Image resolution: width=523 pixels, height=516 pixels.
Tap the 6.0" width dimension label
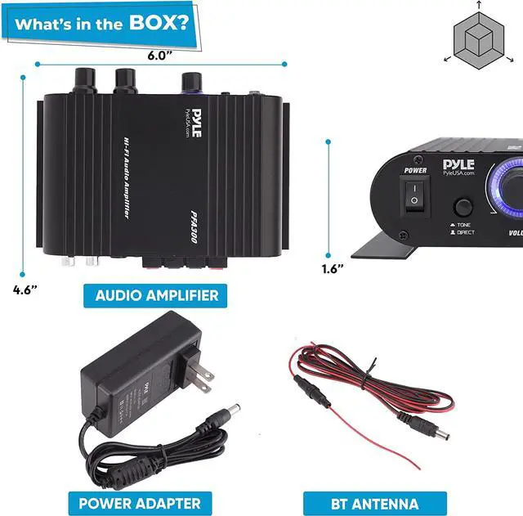(x=160, y=56)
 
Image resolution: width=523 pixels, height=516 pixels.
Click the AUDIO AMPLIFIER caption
(x=157, y=294)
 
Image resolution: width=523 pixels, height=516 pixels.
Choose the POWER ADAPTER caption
(x=140, y=501)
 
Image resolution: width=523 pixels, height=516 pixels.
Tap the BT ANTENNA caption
(x=376, y=503)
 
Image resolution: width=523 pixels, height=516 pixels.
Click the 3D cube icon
(x=475, y=37)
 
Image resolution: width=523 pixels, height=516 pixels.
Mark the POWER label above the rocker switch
(x=415, y=170)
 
